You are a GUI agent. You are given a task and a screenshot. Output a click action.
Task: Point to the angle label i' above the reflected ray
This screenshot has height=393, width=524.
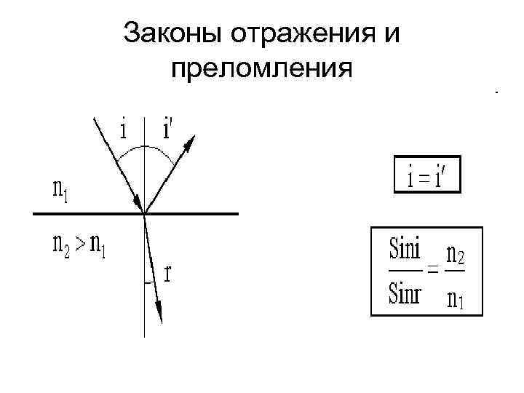pos(168,130)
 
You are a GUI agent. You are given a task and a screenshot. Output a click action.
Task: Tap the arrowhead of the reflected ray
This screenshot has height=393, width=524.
pos(188,143)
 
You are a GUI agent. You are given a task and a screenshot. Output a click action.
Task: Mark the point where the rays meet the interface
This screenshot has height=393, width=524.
pos(145,213)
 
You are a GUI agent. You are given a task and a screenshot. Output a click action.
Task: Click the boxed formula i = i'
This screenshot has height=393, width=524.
pos(427,175)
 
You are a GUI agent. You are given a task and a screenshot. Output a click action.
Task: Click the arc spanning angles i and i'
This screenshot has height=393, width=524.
pos(146,148)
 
